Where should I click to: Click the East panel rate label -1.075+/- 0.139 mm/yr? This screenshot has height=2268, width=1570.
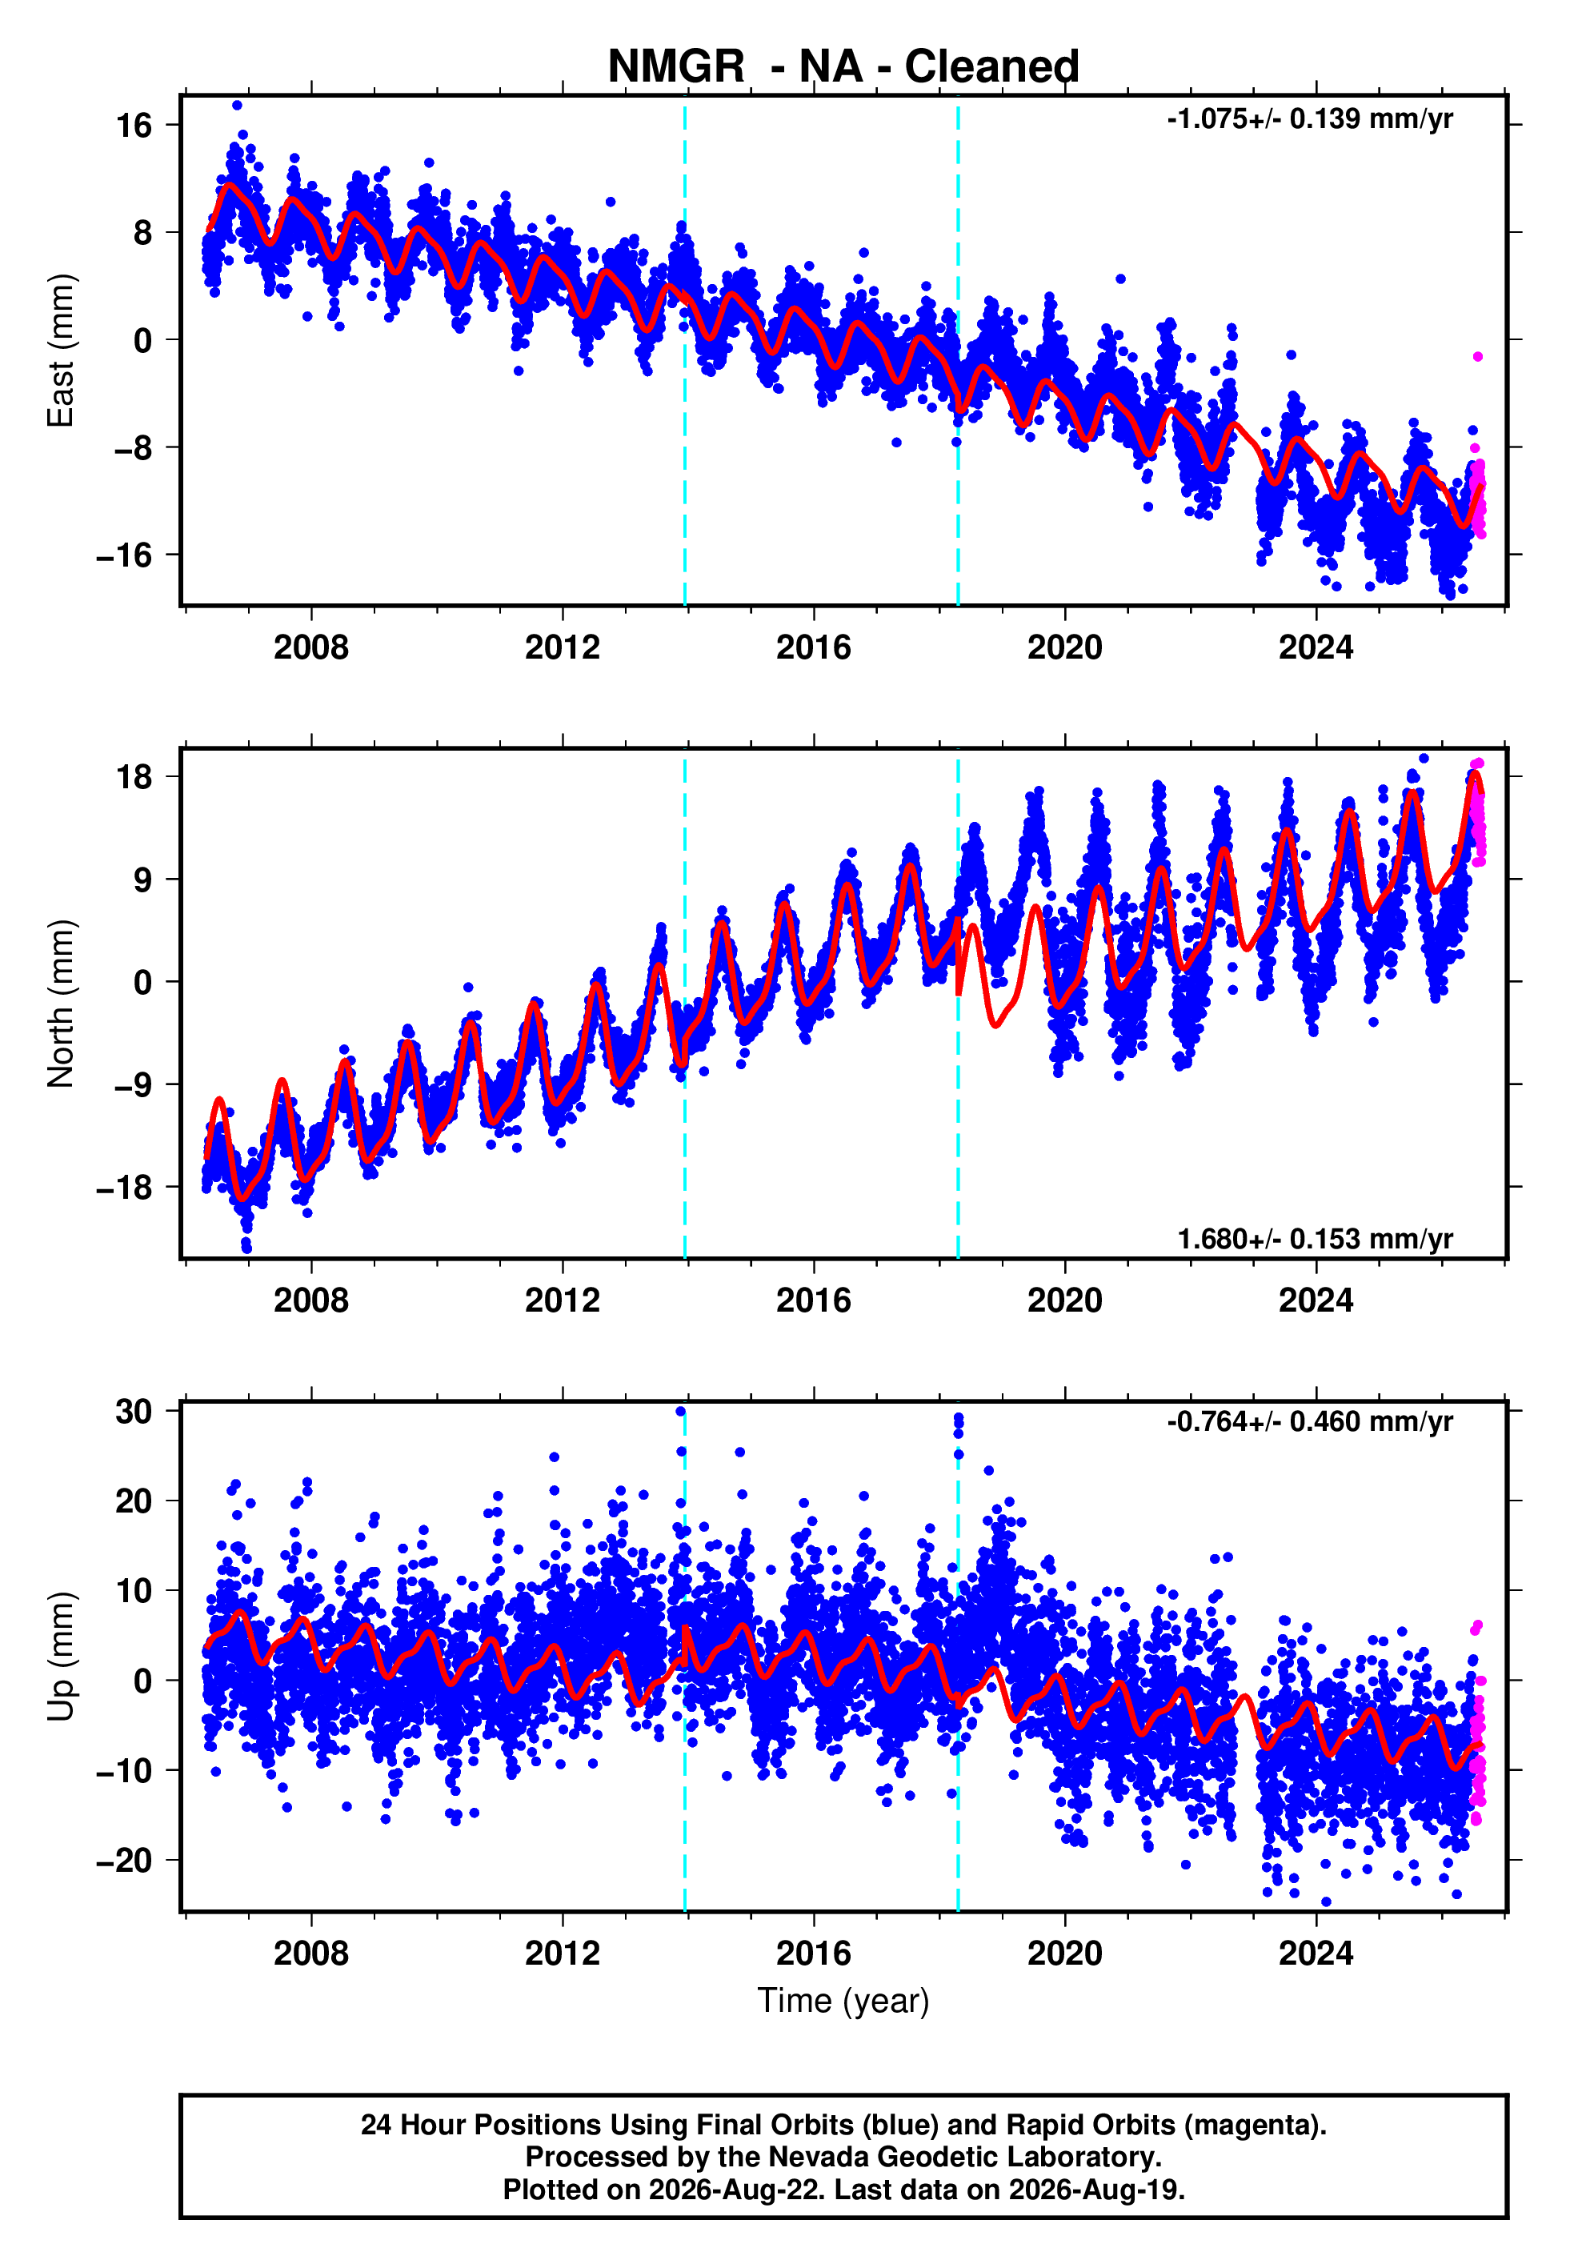[1309, 119]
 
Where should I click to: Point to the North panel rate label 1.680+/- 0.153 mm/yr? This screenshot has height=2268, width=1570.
[1316, 1239]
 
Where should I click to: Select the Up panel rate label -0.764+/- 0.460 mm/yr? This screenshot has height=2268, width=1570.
[1309, 1422]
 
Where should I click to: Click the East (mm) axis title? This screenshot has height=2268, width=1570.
[61, 351]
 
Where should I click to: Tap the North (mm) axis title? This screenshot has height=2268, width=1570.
[61, 1004]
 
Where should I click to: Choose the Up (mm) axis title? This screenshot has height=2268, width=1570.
[61, 1657]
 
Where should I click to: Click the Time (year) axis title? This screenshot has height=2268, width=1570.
[843, 2002]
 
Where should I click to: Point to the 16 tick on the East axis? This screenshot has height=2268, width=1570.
[134, 125]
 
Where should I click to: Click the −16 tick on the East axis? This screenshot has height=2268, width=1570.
[125, 555]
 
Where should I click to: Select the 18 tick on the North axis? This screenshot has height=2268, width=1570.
[134, 777]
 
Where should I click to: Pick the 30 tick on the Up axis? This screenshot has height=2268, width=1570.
[134, 1412]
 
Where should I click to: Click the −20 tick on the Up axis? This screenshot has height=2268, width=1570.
[125, 1861]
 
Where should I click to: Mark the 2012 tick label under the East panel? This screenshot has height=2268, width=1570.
[562, 647]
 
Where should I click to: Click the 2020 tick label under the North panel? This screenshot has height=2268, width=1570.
[1064, 1300]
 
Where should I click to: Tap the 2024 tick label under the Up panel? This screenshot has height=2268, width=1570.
[1316, 1953]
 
